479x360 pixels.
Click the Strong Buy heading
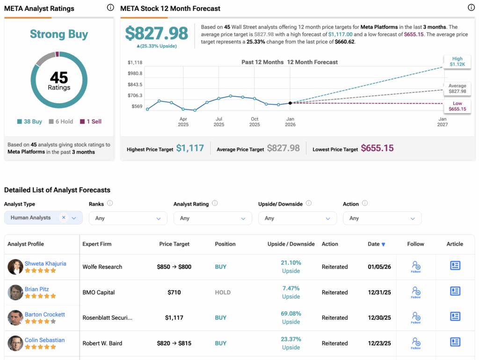click(x=59, y=34)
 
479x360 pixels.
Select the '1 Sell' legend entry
click(x=91, y=122)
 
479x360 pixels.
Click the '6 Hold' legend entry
click(x=61, y=122)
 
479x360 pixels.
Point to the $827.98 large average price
click(x=156, y=33)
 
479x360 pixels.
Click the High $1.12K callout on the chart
click(x=457, y=62)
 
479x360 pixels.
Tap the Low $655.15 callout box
click(x=457, y=106)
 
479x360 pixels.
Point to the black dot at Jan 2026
click(x=290, y=103)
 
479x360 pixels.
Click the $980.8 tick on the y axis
click(x=135, y=73)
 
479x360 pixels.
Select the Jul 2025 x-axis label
click(x=219, y=122)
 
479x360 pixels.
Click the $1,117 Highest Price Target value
click(x=190, y=148)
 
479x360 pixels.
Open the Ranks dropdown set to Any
click(x=128, y=218)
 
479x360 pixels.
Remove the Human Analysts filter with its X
click(x=64, y=217)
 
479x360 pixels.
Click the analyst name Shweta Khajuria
click(x=45, y=263)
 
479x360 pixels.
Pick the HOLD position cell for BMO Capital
click(x=223, y=292)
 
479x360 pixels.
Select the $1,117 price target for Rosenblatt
click(x=174, y=318)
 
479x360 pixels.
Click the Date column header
click(x=376, y=244)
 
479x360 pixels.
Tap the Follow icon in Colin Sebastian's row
click(x=415, y=343)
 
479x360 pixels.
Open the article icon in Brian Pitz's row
click(x=455, y=291)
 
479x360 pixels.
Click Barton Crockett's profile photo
click(x=15, y=318)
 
